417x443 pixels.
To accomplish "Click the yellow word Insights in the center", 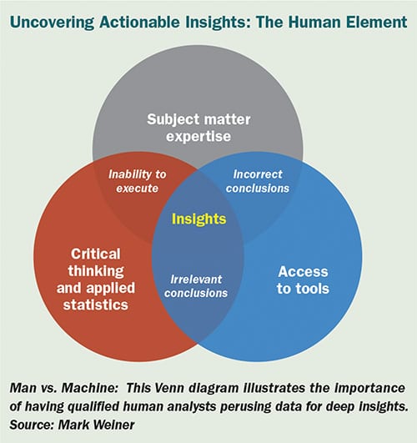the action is [198, 219].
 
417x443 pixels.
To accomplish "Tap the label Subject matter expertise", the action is [198, 128].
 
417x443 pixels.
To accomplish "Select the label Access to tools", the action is [303, 280].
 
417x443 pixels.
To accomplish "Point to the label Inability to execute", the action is [138, 181].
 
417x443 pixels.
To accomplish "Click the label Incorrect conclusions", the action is [258, 181].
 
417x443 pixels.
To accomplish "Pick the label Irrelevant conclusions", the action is [196, 286].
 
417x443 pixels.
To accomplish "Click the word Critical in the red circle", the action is [96, 254].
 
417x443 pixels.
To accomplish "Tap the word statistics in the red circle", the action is [96, 305].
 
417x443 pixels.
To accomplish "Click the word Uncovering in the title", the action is [52, 23].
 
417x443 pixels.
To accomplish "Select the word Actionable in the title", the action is [139, 23].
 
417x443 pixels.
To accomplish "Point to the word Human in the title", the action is [314, 23].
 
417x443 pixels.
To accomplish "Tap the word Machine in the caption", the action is [89, 388].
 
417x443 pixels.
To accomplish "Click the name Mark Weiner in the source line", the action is [97, 425].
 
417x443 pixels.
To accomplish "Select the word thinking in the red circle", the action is [96, 271].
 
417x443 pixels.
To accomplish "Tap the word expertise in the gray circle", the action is [198, 137].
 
